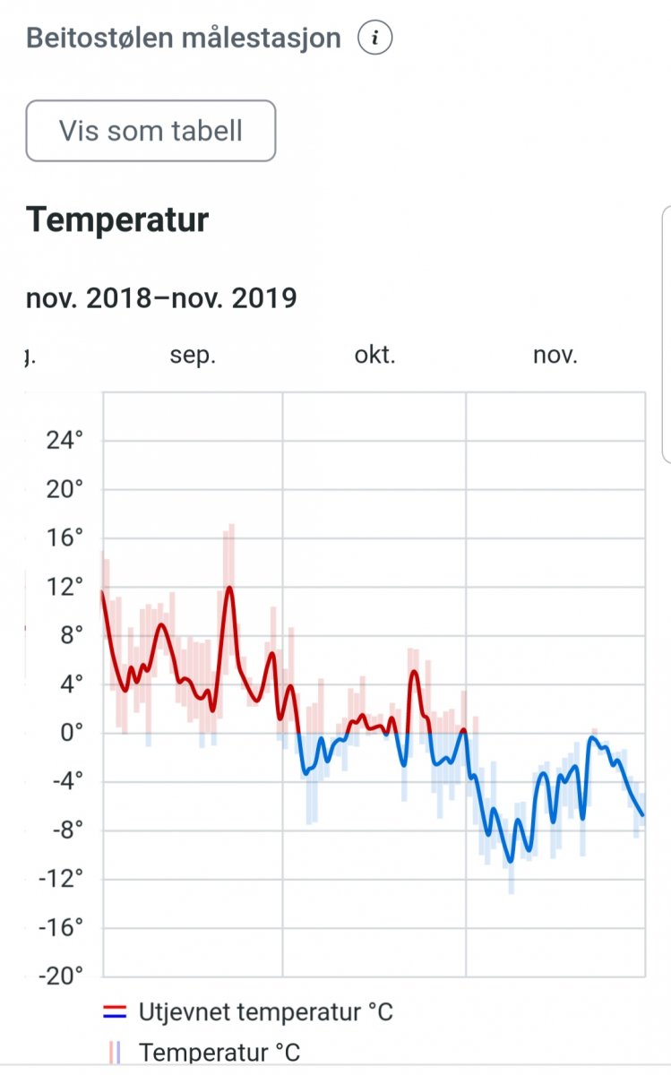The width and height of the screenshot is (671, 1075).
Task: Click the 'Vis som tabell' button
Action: (151, 131)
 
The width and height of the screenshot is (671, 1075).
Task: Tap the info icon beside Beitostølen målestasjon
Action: (375, 39)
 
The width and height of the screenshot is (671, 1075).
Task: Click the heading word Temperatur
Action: (117, 219)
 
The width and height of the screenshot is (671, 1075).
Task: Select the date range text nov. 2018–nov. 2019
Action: (161, 297)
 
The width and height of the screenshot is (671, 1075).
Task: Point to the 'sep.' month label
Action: (193, 356)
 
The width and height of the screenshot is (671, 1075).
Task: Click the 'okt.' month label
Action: (374, 356)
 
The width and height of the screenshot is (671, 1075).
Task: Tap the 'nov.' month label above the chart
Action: (555, 356)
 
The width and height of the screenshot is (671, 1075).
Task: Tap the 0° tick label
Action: (70, 734)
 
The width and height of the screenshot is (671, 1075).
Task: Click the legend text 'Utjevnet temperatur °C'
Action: (266, 1013)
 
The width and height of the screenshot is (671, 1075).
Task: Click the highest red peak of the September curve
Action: (230, 588)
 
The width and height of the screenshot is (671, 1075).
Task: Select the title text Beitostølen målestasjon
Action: (184, 39)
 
